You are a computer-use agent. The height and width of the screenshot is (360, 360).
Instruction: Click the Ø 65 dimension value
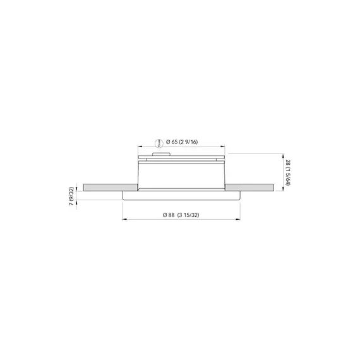(172, 142)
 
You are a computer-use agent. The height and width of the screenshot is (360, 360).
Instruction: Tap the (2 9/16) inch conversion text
(188, 142)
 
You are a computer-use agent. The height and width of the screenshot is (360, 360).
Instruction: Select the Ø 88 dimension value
(169, 215)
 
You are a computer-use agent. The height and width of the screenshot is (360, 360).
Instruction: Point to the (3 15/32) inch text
(188, 215)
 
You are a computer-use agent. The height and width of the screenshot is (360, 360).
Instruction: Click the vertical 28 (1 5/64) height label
(287, 173)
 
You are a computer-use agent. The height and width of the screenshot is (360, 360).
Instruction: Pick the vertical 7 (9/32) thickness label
(71, 196)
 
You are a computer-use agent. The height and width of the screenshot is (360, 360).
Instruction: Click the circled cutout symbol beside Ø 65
(158, 143)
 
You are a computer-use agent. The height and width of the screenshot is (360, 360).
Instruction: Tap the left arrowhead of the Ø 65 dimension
(140, 147)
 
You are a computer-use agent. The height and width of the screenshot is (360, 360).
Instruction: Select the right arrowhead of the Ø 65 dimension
(223, 147)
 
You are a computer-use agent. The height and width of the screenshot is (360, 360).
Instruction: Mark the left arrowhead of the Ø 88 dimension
(125, 220)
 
